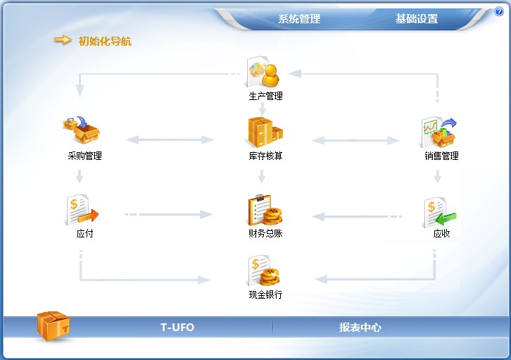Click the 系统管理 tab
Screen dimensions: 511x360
tap(299, 18)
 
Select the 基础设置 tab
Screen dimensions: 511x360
tap(417, 18)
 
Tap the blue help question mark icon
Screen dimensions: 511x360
tap(499, 11)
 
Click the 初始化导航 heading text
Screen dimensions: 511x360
tap(105, 42)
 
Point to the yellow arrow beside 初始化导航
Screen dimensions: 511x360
tap(63, 40)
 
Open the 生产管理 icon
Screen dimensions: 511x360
tap(263, 72)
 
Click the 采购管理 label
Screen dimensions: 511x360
tap(84, 156)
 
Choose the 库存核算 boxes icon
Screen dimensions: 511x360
tap(265, 132)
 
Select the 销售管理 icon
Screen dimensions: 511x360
tap(439, 132)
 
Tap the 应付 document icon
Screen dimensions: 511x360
tap(82, 210)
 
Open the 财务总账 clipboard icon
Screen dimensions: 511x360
tap(265, 210)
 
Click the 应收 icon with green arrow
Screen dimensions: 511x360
tap(441, 212)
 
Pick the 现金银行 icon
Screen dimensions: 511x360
tap(264, 271)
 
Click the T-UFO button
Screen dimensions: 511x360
tap(177, 327)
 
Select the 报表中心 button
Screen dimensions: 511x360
tap(360, 327)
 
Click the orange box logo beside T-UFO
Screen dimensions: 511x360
tap(53, 325)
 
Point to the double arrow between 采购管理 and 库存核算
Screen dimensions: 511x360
tap(170, 140)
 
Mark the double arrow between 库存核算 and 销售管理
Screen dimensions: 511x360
tap(355, 140)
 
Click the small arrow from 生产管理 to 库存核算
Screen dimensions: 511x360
tap(263, 108)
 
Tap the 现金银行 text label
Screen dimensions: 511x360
tap(265, 294)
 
